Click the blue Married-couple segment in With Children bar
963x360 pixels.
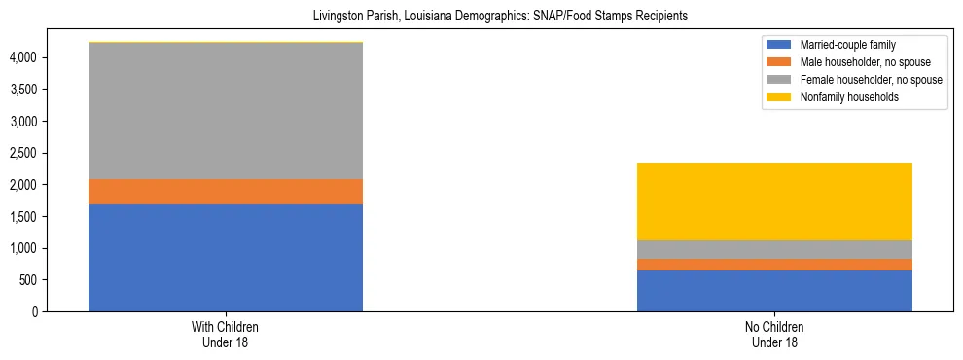pos(226,258)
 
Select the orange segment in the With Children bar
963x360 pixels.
pos(226,192)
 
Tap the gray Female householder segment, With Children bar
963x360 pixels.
pos(226,111)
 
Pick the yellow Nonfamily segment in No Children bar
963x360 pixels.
pos(774,201)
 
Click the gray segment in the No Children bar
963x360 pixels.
pos(774,249)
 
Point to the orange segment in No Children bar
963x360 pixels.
pos(774,265)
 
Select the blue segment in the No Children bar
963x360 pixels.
pos(774,291)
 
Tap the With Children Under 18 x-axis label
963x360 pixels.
pos(226,335)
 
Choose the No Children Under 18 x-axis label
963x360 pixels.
pos(774,335)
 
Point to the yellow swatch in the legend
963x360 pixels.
pos(780,97)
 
